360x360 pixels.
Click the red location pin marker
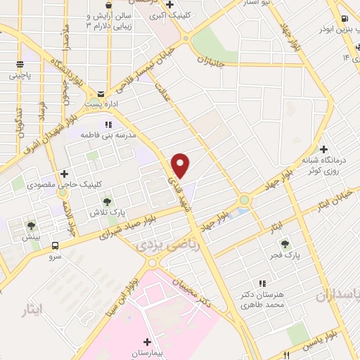181,165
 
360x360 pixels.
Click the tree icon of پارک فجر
285,245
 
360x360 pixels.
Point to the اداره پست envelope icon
102,94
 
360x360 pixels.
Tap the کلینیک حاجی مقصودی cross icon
65,173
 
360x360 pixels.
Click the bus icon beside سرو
55,246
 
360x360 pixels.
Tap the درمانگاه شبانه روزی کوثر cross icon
323,149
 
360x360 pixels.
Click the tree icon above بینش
31,226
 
